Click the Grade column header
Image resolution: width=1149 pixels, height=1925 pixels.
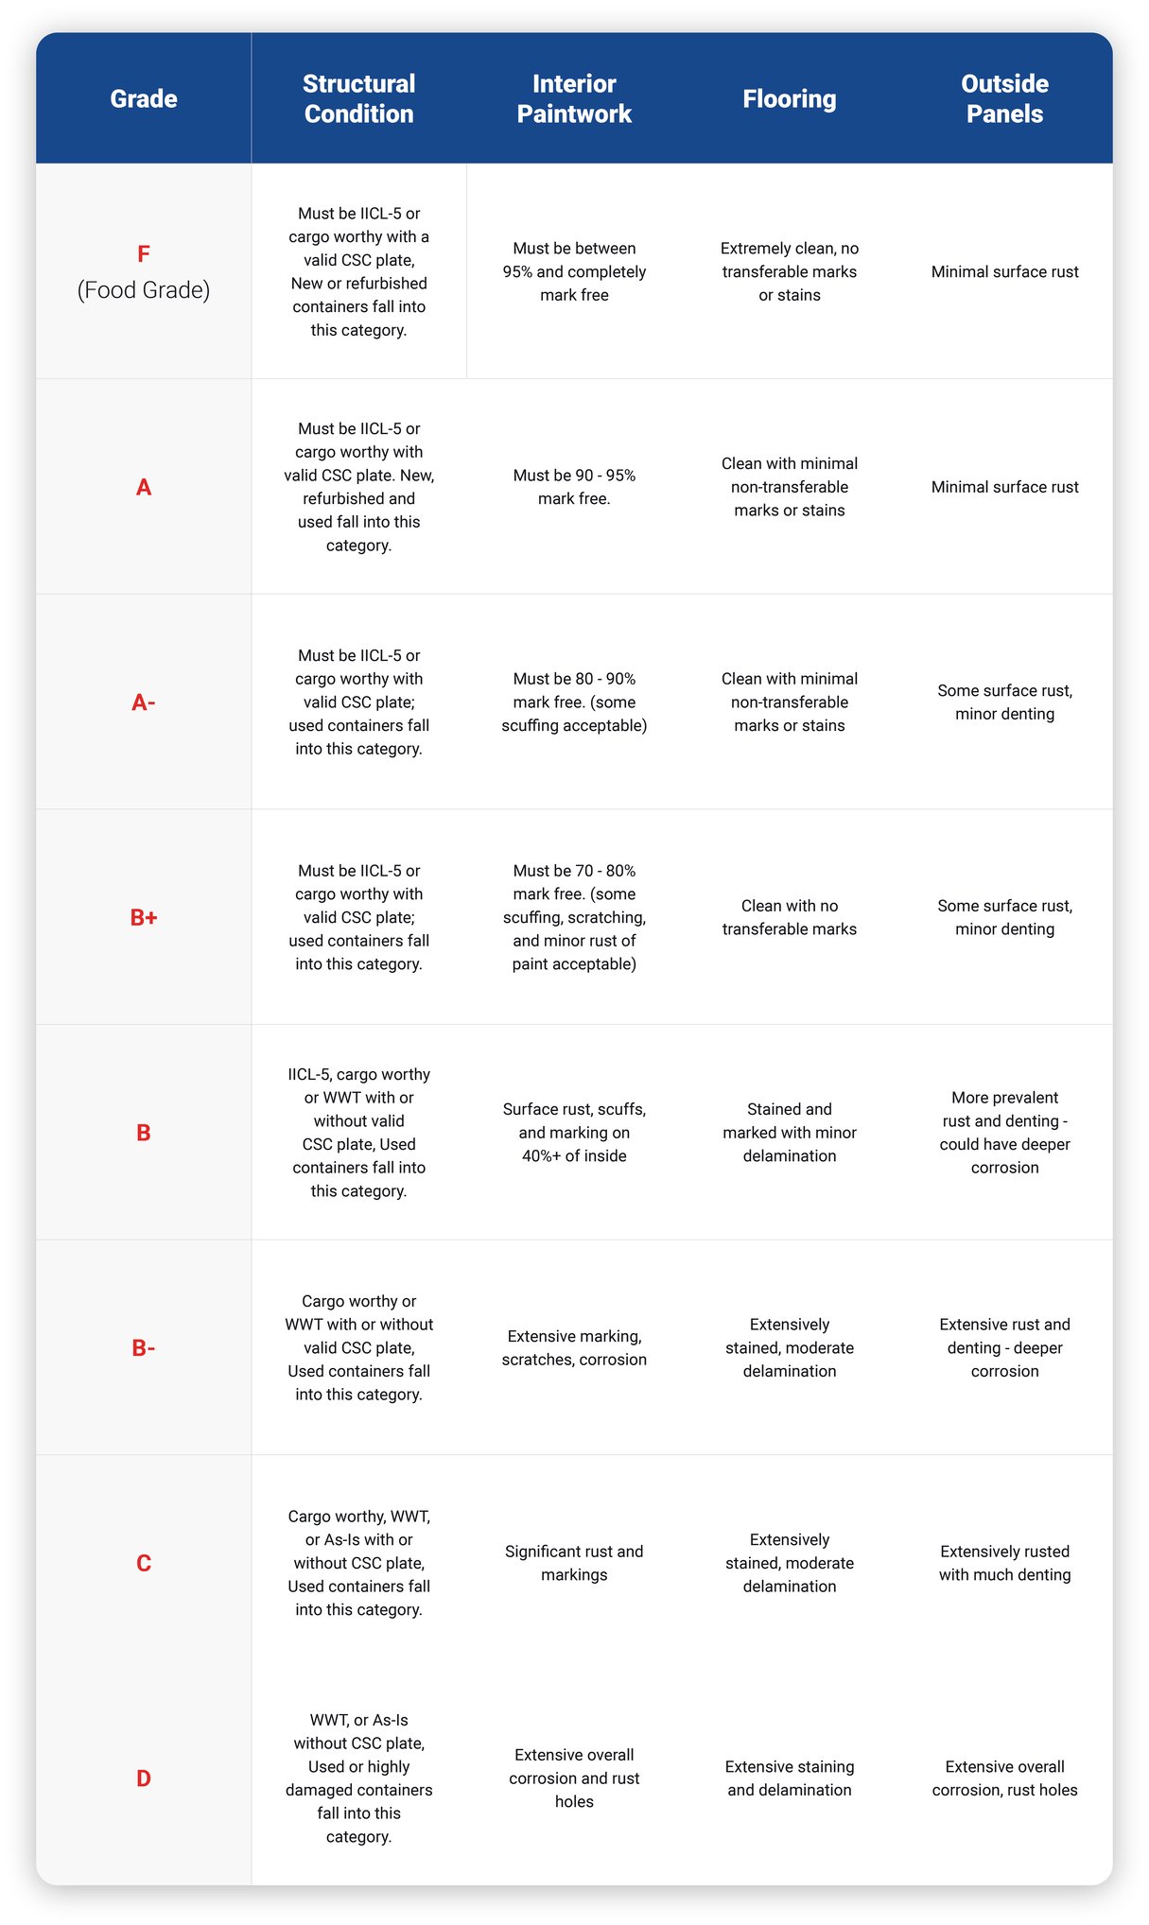144,98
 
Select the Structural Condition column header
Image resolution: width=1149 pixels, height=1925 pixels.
358,98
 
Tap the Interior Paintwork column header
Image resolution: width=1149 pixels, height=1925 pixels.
574,98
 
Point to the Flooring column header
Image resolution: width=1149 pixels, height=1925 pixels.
790,98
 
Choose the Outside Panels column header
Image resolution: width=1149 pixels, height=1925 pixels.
1004,98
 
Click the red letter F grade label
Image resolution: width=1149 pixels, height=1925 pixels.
144,254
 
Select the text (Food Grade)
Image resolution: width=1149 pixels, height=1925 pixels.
144,290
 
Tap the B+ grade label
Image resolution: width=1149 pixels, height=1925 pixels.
144,917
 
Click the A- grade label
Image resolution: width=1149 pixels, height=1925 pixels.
144,702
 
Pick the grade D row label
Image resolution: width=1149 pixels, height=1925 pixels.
144,1778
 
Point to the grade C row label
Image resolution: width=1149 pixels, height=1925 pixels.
144,1563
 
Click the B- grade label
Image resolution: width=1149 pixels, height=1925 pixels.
144,1347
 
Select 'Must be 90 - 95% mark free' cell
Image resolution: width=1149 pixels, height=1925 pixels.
574,487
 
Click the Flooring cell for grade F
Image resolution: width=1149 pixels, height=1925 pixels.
790,271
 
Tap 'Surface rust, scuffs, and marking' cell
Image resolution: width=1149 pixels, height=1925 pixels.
574,1133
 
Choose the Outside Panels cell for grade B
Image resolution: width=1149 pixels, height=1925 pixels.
1004,1133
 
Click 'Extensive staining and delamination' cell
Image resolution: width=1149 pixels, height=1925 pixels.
790,1778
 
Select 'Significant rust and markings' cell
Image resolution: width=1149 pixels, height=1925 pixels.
574,1563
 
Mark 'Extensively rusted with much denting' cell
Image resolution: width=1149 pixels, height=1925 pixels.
1004,1563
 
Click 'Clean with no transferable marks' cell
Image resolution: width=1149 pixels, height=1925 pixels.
790,917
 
